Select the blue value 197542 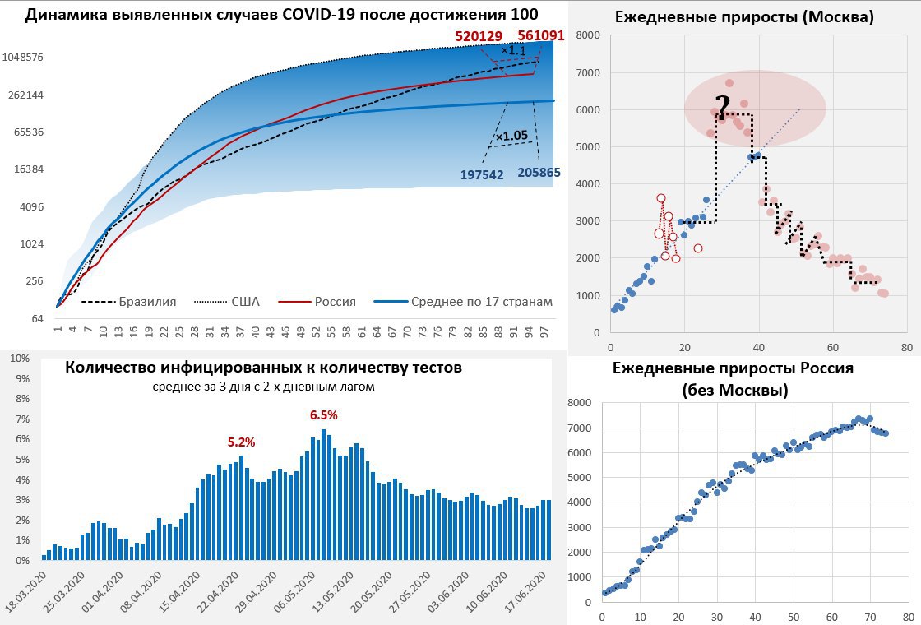tap(482, 174)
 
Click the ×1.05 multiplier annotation tap(511, 136)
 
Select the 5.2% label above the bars tap(241, 442)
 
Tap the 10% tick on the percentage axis tap(19, 359)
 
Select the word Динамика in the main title tap(67, 15)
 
